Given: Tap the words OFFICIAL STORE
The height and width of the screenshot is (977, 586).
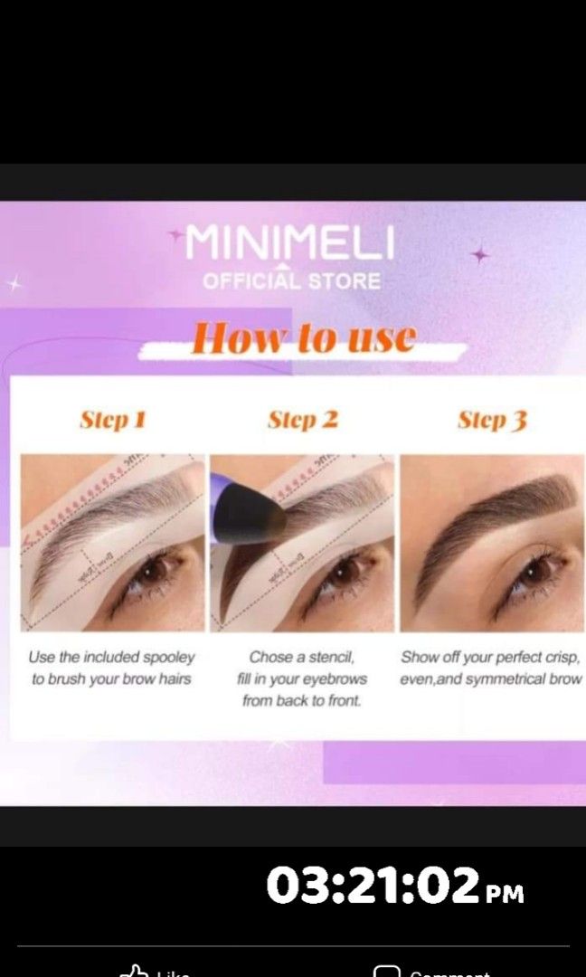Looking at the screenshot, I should [291, 280].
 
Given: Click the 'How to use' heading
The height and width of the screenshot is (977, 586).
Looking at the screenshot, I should [303, 338].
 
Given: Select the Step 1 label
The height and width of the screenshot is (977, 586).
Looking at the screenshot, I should [113, 420].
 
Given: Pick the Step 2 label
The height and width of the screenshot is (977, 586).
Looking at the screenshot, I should [303, 420].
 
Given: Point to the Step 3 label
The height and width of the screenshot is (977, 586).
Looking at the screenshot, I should [492, 420].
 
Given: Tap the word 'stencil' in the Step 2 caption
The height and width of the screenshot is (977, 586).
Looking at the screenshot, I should [331, 658].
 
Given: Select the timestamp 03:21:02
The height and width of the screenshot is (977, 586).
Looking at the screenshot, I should [372, 885].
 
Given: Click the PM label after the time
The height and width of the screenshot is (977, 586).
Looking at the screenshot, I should [505, 894].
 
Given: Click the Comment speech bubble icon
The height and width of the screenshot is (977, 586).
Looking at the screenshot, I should [387, 972].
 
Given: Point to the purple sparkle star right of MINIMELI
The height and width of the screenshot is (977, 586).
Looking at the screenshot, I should [479, 256].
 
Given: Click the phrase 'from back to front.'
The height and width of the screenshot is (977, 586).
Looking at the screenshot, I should [301, 701].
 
